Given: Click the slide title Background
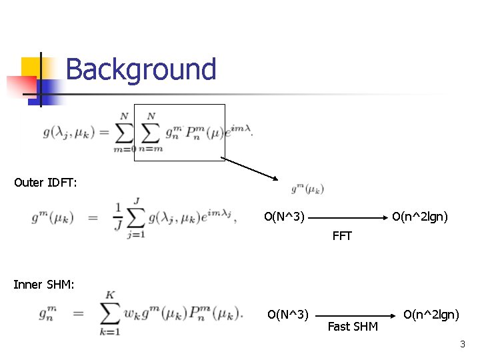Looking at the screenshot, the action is [141, 69].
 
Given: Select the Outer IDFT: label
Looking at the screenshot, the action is [45, 183].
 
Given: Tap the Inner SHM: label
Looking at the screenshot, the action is [44, 285].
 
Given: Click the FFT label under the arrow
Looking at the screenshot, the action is [341, 236].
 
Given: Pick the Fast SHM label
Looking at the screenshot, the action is [353, 327].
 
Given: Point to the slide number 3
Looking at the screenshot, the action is [462, 344].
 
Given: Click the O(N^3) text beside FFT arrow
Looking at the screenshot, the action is [285, 217].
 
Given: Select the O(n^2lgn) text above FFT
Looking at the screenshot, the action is [420, 217].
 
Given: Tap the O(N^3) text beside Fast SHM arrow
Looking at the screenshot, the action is [287, 314].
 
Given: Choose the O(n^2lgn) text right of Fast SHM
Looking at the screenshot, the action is [431, 314].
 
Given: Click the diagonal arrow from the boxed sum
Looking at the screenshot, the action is [249, 169].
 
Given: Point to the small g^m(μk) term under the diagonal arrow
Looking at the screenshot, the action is [307, 189].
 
